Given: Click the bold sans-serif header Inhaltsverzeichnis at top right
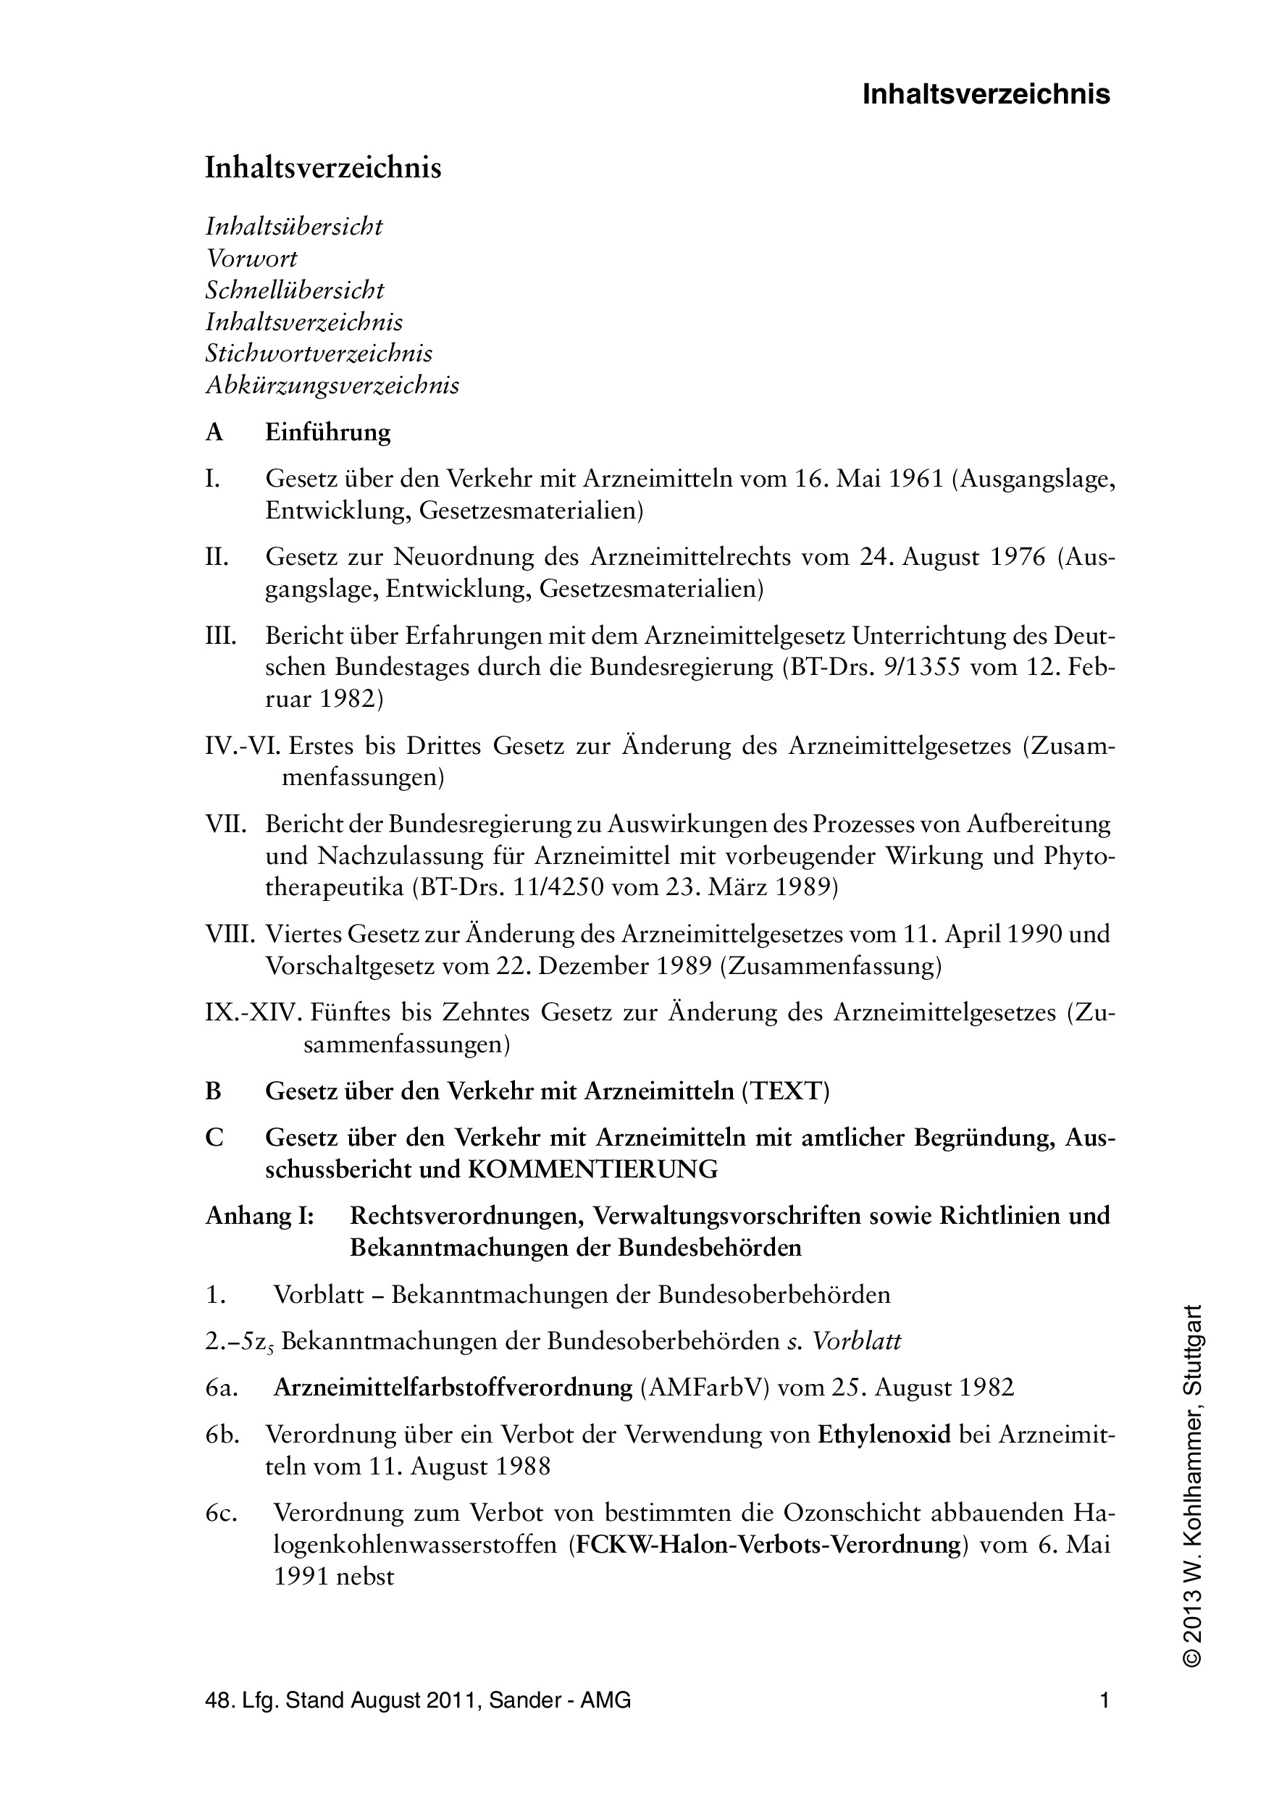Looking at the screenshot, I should click(x=986, y=95).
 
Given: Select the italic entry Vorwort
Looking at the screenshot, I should click(x=251, y=258).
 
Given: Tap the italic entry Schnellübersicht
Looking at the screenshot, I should click(x=295, y=290).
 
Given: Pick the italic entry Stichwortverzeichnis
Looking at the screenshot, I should click(x=319, y=353).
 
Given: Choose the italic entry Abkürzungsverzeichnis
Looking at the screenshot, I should click(x=332, y=386).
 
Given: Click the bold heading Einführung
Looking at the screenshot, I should click(x=328, y=432).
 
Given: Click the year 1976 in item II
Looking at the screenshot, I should click(x=1017, y=558).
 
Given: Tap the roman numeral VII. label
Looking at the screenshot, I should click(x=226, y=824).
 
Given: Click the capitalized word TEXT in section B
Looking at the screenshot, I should click(x=785, y=1091).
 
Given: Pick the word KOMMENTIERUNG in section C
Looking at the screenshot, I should click(x=592, y=1170).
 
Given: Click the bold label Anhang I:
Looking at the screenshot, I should click(x=259, y=1216).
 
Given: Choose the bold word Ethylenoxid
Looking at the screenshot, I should click(x=884, y=1435).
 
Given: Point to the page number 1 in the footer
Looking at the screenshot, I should click(x=1104, y=1701).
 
